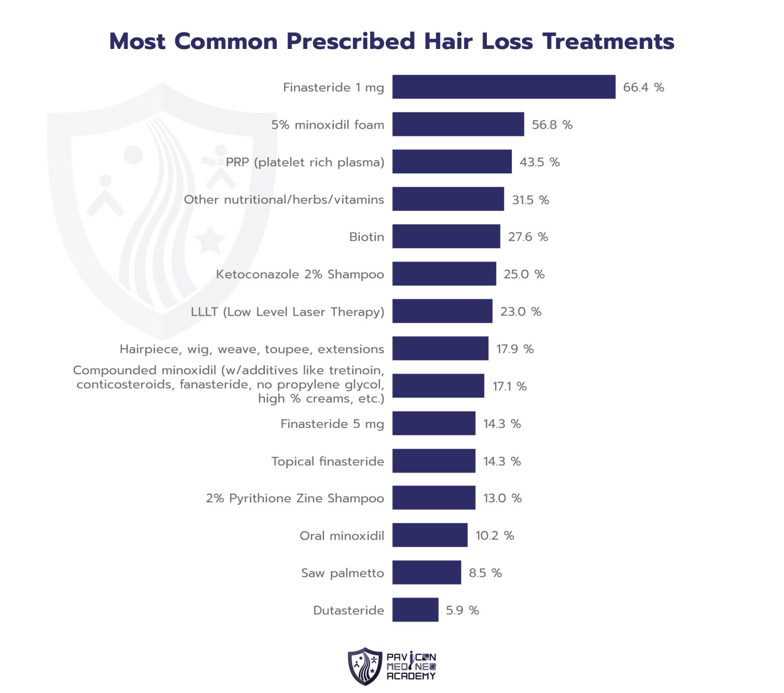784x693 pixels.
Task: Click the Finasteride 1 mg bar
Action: [503, 87]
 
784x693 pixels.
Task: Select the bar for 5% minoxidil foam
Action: [458, 124]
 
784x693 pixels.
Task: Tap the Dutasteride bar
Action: [415, 610]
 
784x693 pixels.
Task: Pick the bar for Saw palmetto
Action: [426, 573]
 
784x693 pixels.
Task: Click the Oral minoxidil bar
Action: [430, 535]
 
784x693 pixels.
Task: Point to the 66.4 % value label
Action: [643, 88]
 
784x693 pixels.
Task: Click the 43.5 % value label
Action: [540, 162]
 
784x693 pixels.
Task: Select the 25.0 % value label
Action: [524, 274]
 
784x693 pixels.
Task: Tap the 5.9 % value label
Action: [462, 610]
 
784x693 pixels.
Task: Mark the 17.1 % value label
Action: [509, 387]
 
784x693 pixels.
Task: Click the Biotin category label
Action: [366, 237]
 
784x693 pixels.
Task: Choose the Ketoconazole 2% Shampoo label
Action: [300, 274]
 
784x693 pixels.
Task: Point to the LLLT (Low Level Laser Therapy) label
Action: [287, 312]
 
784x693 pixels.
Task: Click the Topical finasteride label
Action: [328, 461]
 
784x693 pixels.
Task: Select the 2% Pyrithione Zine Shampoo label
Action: [295, 498]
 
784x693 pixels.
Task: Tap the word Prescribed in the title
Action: [351, 41]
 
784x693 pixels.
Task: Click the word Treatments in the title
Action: [608, 41]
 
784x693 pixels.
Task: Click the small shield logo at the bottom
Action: [365, 666]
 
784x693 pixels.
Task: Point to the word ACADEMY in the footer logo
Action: [411, 676]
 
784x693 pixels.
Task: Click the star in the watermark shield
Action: [210, 239]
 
